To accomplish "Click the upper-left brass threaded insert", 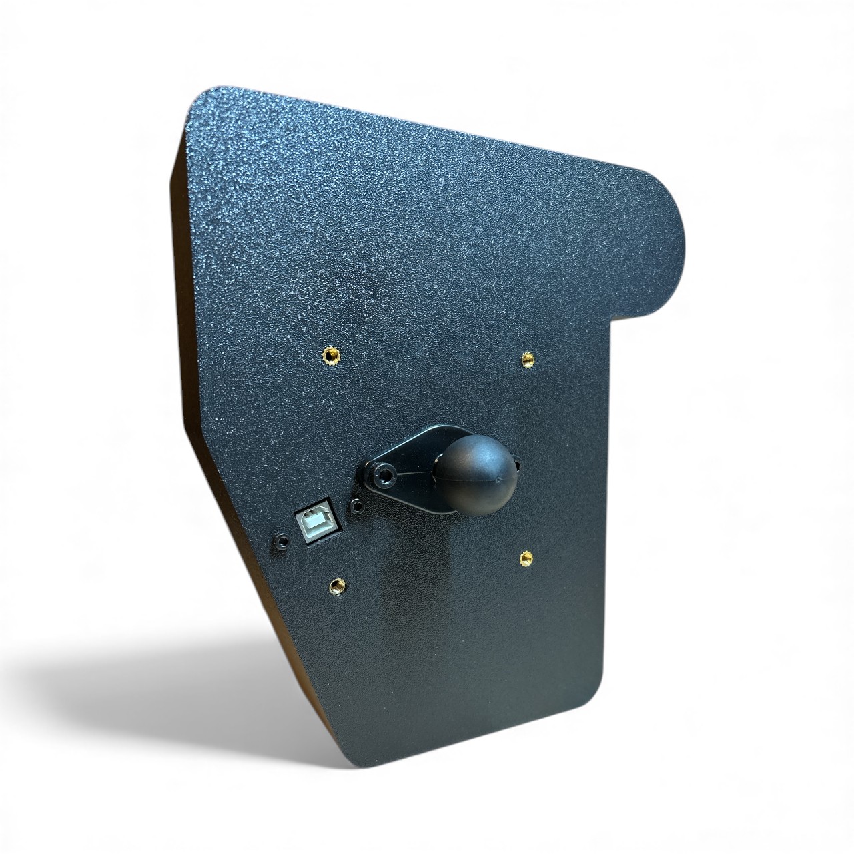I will point(330,354).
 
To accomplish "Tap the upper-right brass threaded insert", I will point(528,359).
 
